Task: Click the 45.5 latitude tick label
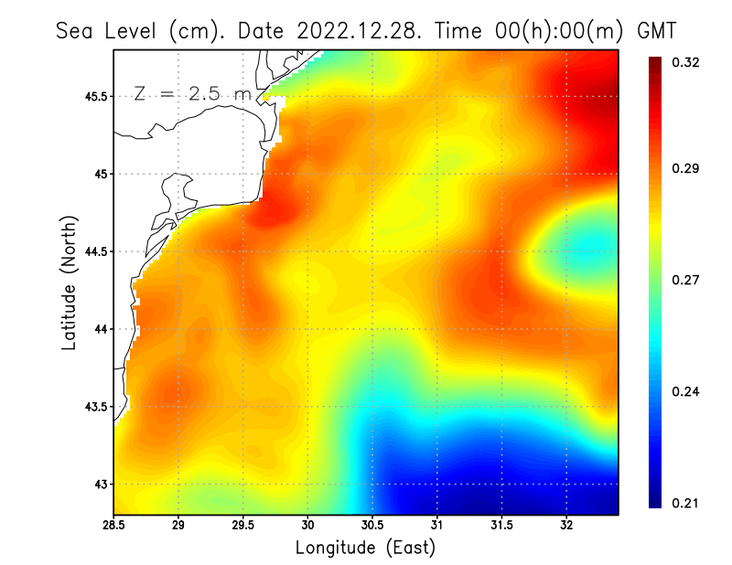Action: (x=93, y=96)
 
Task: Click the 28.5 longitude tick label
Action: (x=114, y=526)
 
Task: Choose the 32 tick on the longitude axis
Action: (x=566, y=526)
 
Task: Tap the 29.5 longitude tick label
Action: (x=243, y=526)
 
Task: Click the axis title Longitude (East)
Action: (x=365, y=548)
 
